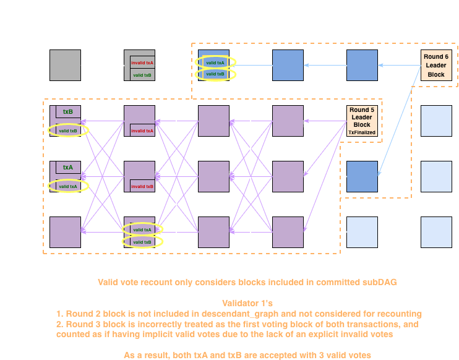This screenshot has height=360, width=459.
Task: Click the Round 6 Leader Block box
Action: pos(436,66)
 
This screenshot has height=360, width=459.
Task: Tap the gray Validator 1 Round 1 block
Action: pos(65,65)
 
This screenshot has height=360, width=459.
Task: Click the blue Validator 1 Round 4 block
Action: pos(288,65)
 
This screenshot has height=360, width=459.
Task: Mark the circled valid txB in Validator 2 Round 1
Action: pos(67,131)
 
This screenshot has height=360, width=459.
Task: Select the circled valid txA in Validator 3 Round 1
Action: pos(67,186)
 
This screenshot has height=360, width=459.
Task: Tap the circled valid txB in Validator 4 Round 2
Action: pos(142,242)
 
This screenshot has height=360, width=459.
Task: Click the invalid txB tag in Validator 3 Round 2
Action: pos(143,186)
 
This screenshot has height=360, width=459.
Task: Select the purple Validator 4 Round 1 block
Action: pos(65,232)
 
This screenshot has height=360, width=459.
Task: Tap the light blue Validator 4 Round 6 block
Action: pos(436,232)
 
